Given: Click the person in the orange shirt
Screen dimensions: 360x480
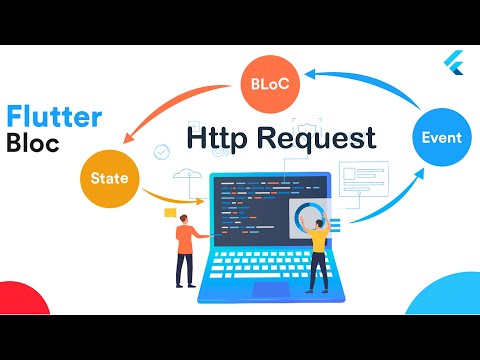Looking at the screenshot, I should pos(185,246).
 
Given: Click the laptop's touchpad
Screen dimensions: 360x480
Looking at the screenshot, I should pos(272,291).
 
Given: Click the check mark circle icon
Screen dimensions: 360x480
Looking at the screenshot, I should pos(161,152).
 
